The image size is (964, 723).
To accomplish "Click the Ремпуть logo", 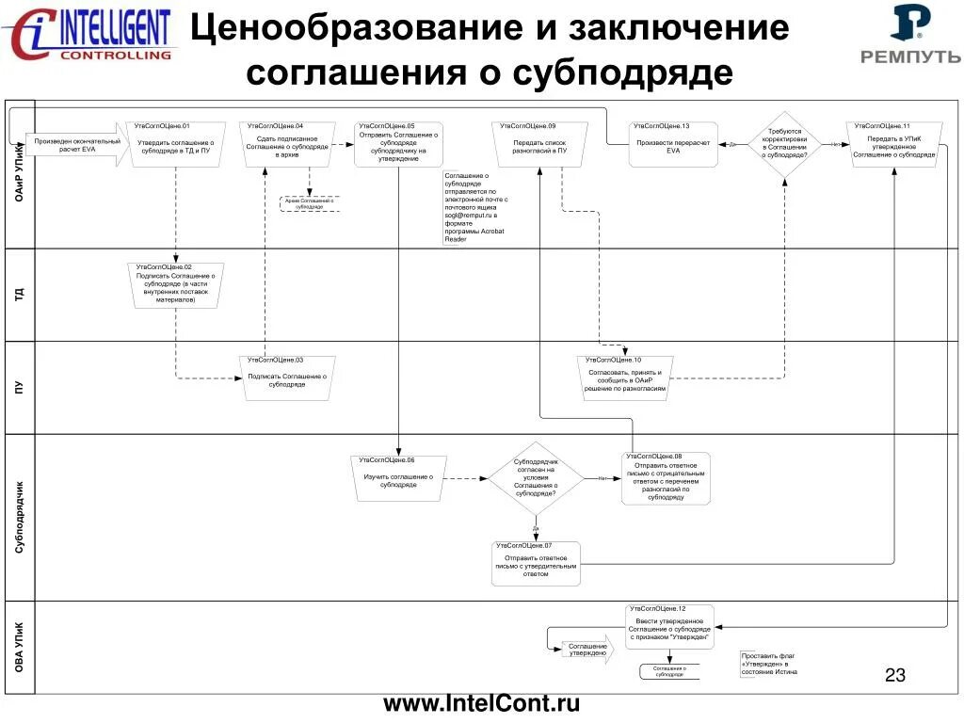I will (910, 36).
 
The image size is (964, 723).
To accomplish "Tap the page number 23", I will (895, 675).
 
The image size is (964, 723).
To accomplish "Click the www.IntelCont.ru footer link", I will (481, 703).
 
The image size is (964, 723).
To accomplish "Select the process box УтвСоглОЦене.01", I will (176, 144).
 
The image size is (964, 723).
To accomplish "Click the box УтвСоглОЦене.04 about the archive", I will (286, 144).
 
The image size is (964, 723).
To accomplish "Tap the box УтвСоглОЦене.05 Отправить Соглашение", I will (398, 144).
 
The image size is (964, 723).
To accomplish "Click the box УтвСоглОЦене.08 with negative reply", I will (666, 478).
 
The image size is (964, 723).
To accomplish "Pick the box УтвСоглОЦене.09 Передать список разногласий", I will (539, 144).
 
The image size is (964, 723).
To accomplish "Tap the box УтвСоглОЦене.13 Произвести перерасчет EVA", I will (673, 144).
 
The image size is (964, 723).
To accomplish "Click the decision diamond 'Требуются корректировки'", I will (784, 144).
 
